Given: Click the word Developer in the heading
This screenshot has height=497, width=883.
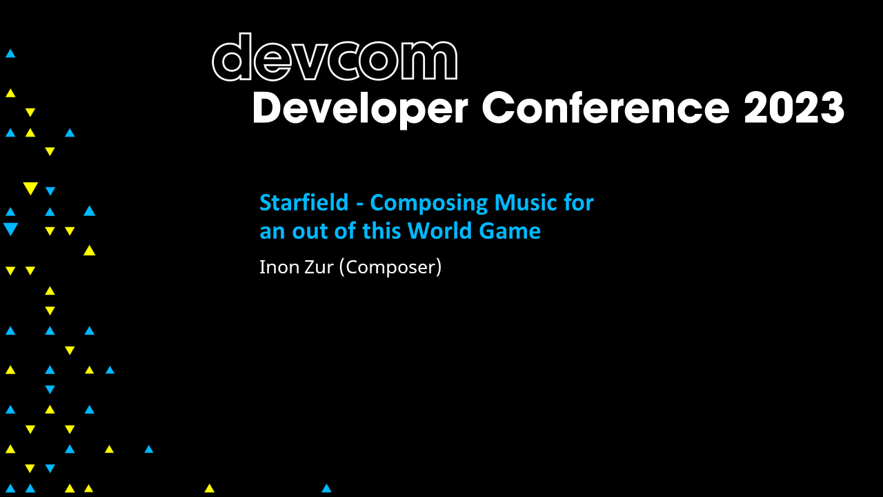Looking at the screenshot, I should [361, 108].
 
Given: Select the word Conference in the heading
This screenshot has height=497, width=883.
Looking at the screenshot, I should [605, 108].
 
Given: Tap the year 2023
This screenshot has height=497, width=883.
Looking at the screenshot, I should [794, 108].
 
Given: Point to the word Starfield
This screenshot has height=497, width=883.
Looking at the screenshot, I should [304, 203].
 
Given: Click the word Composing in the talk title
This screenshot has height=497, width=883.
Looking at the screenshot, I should [429, 203].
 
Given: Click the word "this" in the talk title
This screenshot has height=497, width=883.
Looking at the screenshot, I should [381, 231].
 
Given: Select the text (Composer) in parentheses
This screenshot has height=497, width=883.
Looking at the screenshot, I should [390, 267].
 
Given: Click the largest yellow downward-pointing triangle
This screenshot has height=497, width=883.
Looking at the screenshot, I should [30, 188].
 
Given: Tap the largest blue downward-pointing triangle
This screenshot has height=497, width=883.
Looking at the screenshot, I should [10, 228].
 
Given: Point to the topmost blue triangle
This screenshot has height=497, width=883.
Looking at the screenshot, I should [10, 53].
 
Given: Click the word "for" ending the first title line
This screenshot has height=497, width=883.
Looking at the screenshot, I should [579, 203].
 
